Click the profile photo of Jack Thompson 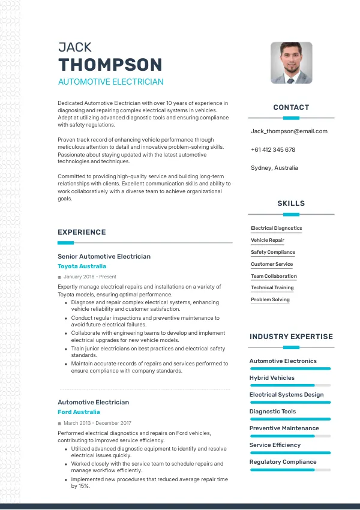pos(292,62)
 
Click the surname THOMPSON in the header pos(110,65)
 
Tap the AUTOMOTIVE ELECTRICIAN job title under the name pos(110,82)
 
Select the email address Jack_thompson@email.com pos(289,131)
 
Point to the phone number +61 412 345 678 pos(273,149)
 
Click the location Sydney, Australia pos(274,168)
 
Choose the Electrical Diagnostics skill pos(277,228)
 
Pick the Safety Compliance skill pos(273,252)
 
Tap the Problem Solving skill pos(270,299)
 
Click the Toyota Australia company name pos(82,266)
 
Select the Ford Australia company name pos(79,412)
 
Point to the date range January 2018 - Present pos(90,277)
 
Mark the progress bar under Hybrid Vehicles pos(290,385)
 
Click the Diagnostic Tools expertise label pos(272,412)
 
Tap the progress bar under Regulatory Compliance pos(290,469)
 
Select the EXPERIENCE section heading pos(82,232)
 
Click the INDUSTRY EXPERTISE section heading pos(291,337)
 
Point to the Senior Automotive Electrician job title pos(104,256)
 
